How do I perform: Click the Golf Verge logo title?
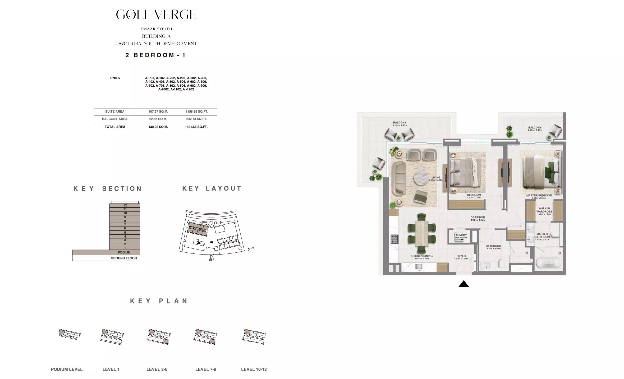[x=156, y=15]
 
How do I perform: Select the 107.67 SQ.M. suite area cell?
[x=158, y=112]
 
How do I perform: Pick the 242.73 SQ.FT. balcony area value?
[x=196, y=119]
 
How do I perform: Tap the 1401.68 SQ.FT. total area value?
[x=196, y=127]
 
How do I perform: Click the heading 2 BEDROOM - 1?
[x=156, y=55]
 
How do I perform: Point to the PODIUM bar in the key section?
[x=106, y=252]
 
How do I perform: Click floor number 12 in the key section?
[x=125, y=205]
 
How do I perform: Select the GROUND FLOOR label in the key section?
[x=123, y=258]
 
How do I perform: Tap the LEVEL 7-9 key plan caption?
[x=205, y=369]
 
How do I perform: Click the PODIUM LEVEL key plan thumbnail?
[x=69, y=334]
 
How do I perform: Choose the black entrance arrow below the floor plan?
[x=464, y=284]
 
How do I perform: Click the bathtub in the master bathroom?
[x=548, y=263]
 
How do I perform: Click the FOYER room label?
[x=461, y=256]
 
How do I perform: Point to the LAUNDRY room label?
[x=460, y=235]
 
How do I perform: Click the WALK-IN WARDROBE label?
[x=544, y=210]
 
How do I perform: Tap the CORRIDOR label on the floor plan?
[x=478, y=218]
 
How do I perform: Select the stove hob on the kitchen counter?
[x=394, y=239]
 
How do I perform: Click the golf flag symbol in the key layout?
[x=211, y=258]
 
